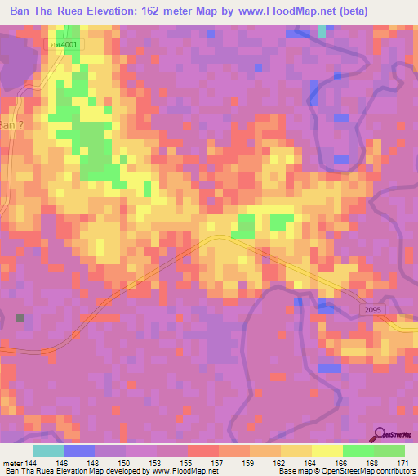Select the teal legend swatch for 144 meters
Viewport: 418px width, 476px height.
pos(48,451)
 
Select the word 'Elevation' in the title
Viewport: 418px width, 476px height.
pos(102,11)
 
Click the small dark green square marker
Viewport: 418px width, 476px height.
pos(20,317)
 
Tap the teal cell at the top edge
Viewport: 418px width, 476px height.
pos(322,31)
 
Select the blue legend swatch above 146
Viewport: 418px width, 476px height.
pos(79,451)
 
